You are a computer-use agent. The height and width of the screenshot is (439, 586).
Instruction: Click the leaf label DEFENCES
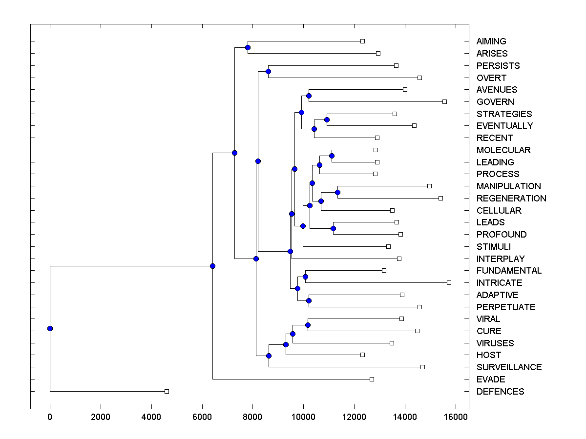pos(500,392)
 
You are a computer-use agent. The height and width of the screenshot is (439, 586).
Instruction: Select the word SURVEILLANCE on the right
pos(509,367)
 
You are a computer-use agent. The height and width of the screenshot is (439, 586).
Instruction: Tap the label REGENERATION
pos(511,199)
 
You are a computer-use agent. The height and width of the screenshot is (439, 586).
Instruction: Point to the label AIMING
pos(491,41)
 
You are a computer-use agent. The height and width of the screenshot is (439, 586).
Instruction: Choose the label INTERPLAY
pos(501,259)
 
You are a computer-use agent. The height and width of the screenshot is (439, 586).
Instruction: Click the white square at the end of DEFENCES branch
pos(167,391)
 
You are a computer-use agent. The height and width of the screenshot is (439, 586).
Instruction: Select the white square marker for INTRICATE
pos(449,282)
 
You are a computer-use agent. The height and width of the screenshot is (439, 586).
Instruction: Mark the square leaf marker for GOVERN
pos(444,101)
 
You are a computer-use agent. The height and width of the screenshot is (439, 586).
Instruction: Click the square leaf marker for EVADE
pos(372,379)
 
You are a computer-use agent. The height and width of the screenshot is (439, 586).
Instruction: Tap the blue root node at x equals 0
pos(50,328)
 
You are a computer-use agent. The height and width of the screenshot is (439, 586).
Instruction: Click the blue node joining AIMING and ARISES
pos(248,47)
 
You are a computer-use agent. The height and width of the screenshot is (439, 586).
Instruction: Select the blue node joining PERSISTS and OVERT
pos(268,71)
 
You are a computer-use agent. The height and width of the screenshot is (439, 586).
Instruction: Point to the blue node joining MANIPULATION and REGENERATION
pos(337,192)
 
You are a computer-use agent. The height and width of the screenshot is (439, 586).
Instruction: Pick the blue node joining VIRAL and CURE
pos(308,325)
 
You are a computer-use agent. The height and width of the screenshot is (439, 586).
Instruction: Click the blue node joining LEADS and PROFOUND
pos(333,228)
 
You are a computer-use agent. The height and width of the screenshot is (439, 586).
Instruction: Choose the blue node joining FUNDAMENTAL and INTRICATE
pos(305,277)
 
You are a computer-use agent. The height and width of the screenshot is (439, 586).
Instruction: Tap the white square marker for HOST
pos(362,355)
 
